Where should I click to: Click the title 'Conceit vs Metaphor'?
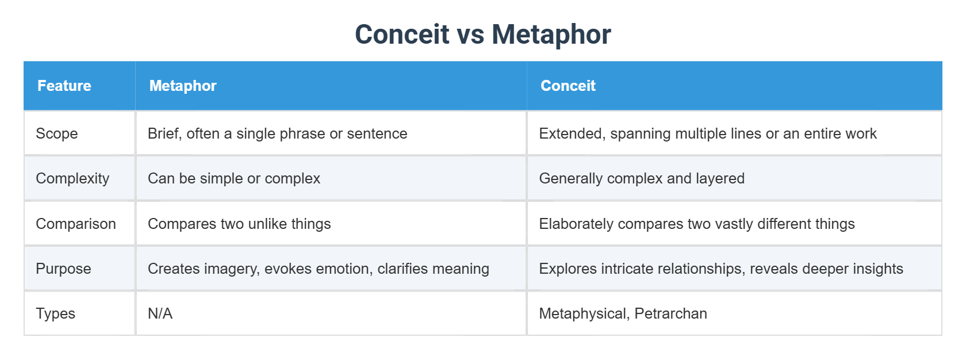click(x=482, y=35)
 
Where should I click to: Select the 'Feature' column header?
click(x=64, y=86)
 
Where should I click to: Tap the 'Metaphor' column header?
click(x=183, y=86)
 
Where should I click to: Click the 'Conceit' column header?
click(x=568, y=86)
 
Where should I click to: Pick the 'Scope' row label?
click(x=57, y=133)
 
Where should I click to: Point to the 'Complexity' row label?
click(x=72, y=178)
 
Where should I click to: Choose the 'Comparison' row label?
click(x=76, y=224)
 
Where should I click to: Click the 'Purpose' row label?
click(x=63, y=269)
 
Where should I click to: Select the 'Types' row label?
click(x=56, y=313)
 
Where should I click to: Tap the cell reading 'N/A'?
click(x=160, y=313)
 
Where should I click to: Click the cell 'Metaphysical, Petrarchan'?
click(x=623, y=313)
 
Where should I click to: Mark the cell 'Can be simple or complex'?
click(x=234, y=178)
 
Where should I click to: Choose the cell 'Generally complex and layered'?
click(x=642, y=178)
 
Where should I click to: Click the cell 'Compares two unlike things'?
click(x=239, y=224)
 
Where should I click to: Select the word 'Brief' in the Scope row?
click(x=164, y=133)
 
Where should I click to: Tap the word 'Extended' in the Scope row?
click(x=572, y=133)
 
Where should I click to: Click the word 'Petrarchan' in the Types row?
click(x=670, y=313)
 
